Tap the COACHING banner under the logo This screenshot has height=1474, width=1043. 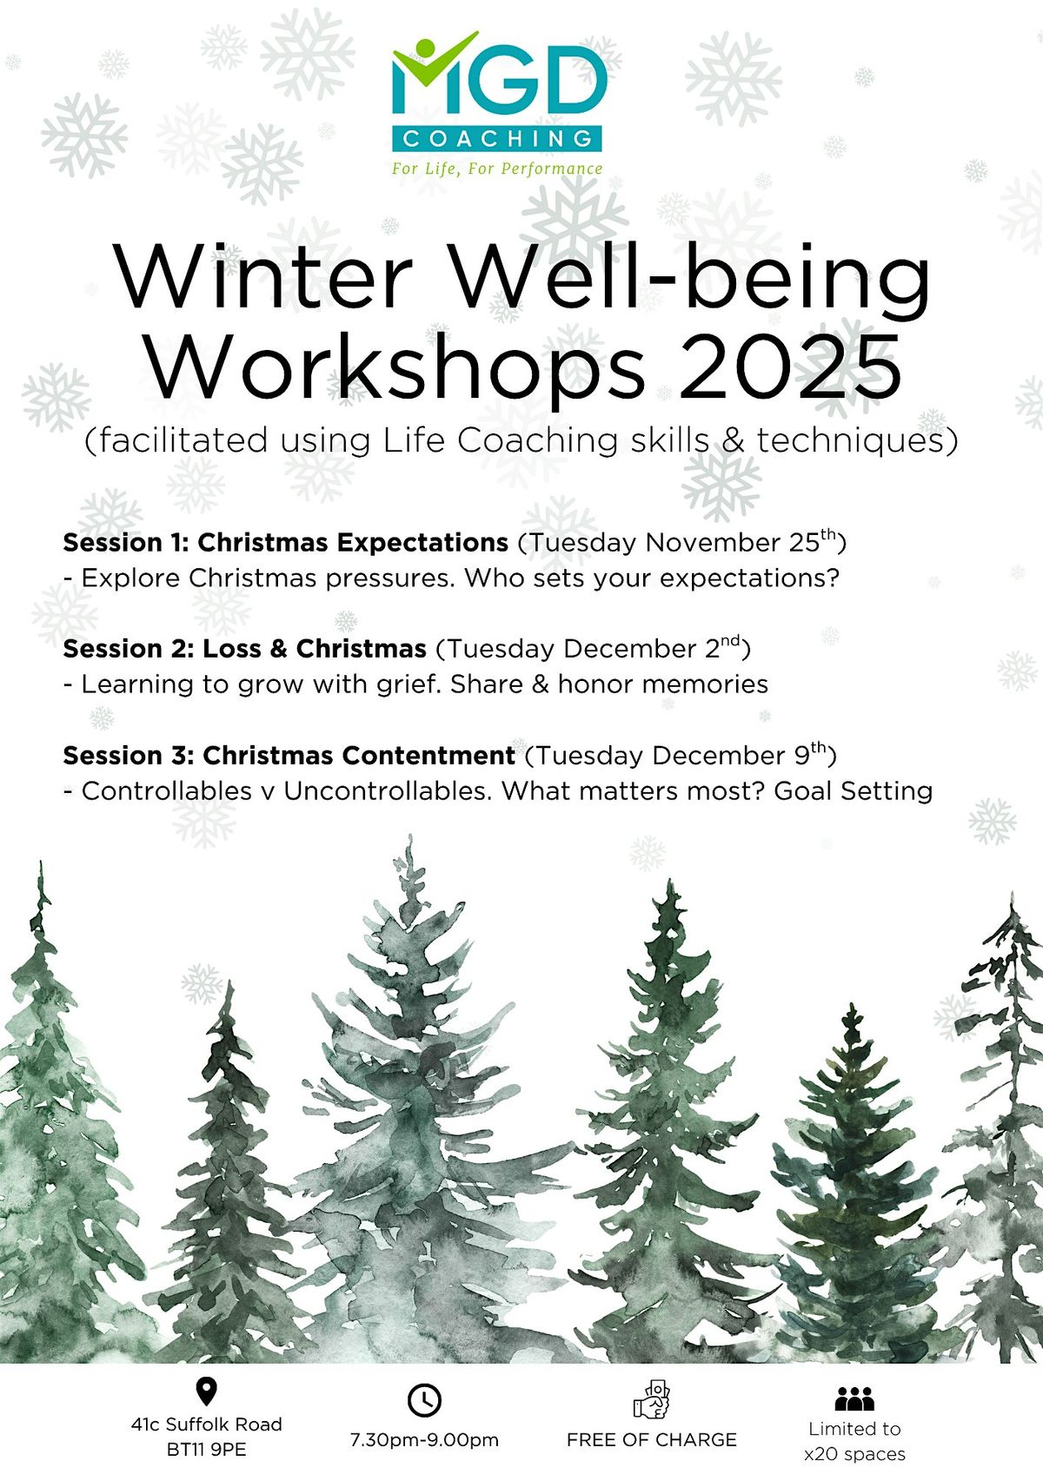pyautogui.click(x=497, y=138)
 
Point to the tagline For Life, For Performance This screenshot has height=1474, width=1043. pyautogui.click(x=497, y=169)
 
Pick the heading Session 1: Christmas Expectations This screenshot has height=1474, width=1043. pyautogui.click(x=285, y=543)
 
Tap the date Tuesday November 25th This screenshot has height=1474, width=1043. pyautogui.click(x=682, y=542)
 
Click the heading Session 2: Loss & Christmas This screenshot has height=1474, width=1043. pyautogui.click(x=244, y=649)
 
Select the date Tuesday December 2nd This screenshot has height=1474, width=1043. pyautogui.click(x=593, y=648)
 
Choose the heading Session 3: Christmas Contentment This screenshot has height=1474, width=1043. pyautogui.click(x=289, y=756)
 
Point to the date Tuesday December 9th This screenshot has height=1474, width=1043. pyautogui.click(x=681, y=755)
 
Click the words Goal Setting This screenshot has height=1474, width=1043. pyautogui.click(x=853, y=791)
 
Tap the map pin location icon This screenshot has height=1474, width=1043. pyautogui.click(x=206, y=1391)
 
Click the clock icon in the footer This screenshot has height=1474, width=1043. pyautogui.click(x=424, y=1400)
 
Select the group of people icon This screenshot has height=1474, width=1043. pyautogui.click(x=854, y=1398)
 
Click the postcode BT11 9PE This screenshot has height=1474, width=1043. pyautogui.click(x=206, y=1450)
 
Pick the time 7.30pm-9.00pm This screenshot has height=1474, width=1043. pyautogui.click(x=424, y=1440)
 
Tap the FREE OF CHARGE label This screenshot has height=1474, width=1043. pyautogui.click(x=651, y=1440)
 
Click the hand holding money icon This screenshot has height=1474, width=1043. pyautogui.click(x=652, y=1398)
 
